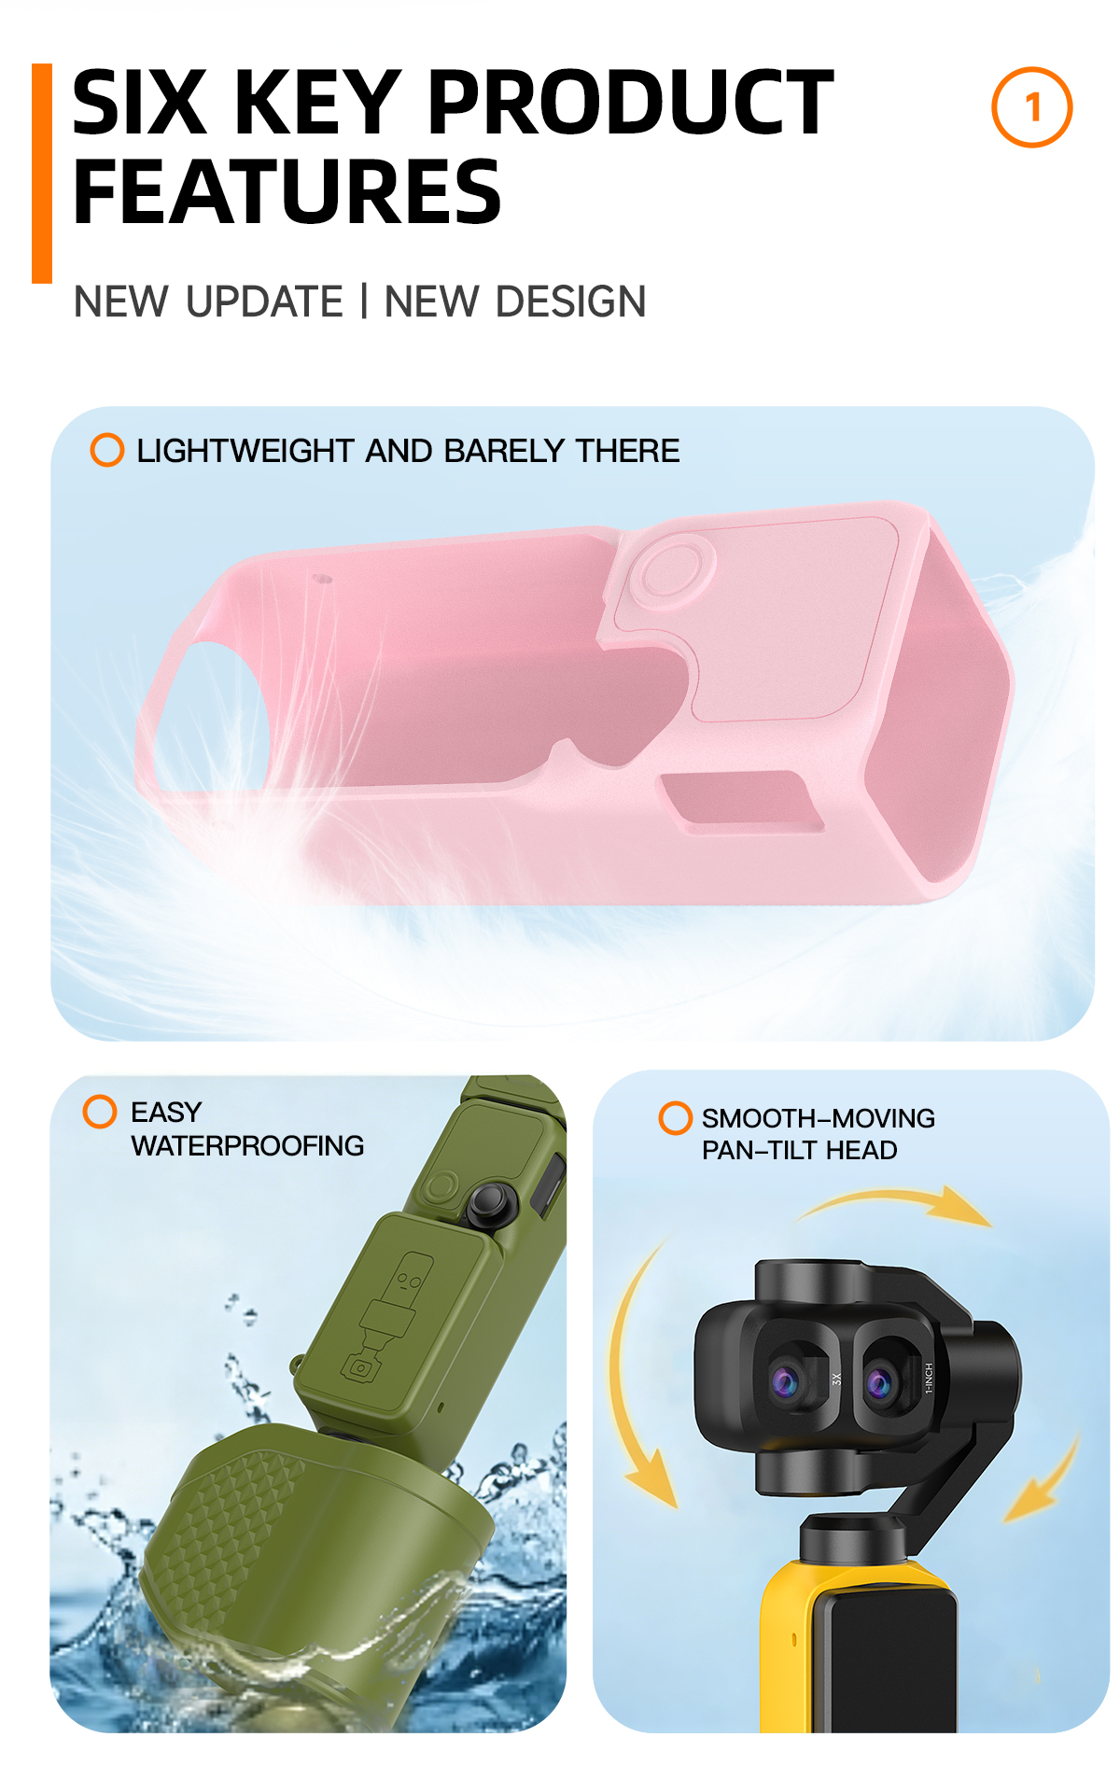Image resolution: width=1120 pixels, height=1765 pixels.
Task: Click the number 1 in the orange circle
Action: click(1032, 108)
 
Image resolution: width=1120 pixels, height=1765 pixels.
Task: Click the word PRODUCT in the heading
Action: click(631, 103)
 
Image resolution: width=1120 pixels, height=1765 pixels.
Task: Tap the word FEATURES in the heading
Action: click(287, 192)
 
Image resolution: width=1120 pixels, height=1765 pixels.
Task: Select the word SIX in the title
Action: click(139, 103)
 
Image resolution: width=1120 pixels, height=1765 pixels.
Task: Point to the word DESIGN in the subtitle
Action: click(571, 301)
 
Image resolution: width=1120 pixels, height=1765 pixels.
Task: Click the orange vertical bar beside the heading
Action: click(42, 174)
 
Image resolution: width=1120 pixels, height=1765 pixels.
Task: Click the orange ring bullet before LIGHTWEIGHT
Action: click(107, 450)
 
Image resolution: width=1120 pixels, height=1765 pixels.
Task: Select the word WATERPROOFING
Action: click(247, 1146)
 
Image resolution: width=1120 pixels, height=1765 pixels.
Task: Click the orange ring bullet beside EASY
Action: click(100, 1112)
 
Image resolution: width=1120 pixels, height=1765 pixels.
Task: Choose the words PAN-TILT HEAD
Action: click(800, 1150)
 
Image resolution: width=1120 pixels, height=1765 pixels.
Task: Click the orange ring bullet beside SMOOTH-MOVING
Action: click(675, 1117)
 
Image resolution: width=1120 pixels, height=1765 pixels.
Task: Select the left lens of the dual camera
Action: click(787, 1380)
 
